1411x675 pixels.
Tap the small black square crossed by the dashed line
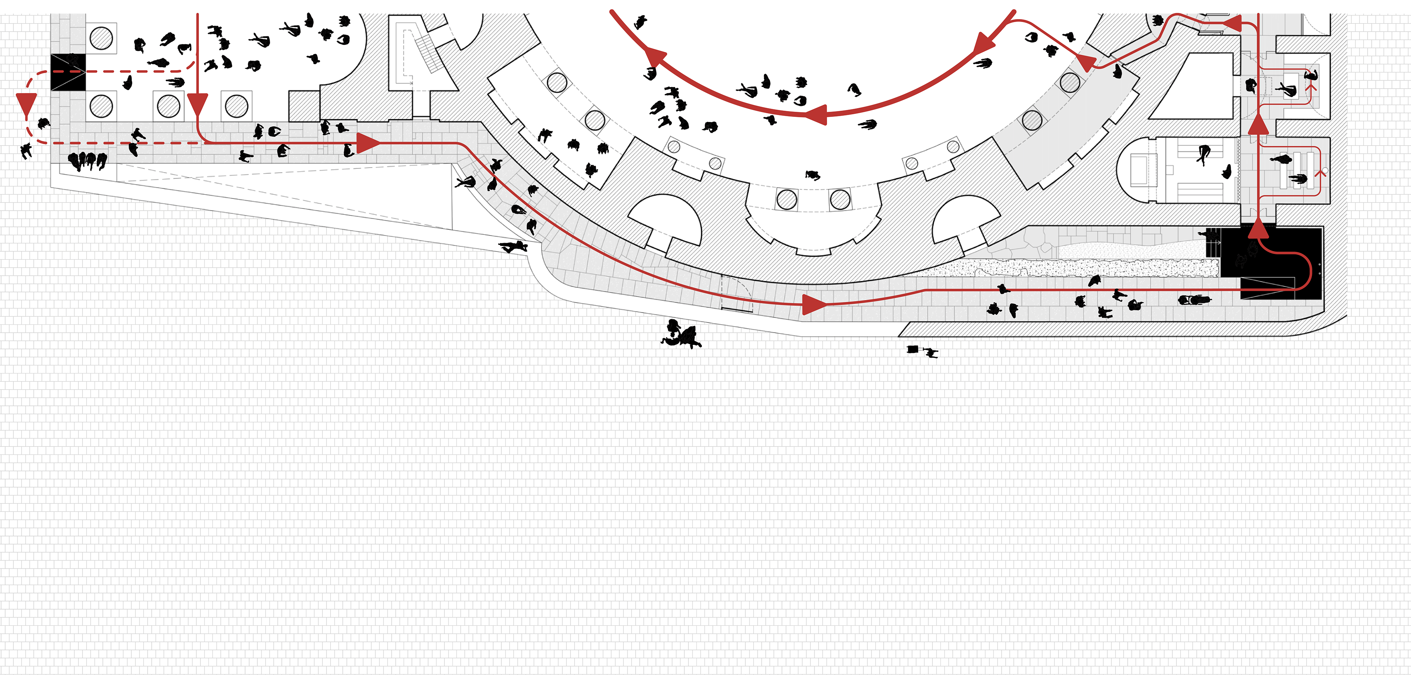coord(68,72)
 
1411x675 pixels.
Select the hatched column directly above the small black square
coord(101,38)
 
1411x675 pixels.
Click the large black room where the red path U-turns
coord(1271,263)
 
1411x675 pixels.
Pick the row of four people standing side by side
coord(87,161)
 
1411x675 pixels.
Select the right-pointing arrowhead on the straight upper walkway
coord(367,143)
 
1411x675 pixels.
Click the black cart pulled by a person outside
coord(912,349)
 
